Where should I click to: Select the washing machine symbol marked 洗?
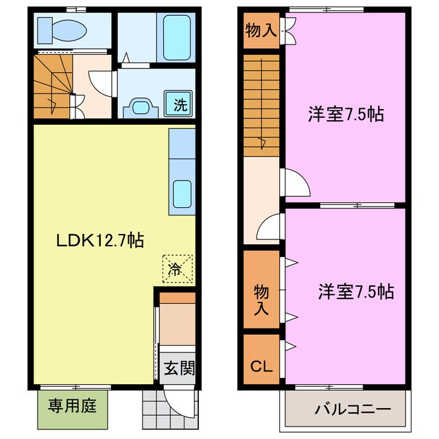coord(180,105)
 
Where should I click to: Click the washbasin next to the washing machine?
coord(142,106)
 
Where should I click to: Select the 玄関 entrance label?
coord(180,368)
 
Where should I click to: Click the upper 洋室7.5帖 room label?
coord(344,115)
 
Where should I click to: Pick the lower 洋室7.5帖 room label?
coord(355,292)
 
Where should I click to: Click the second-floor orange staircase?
coord(261,103)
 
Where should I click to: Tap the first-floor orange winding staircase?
coord(51,88)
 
